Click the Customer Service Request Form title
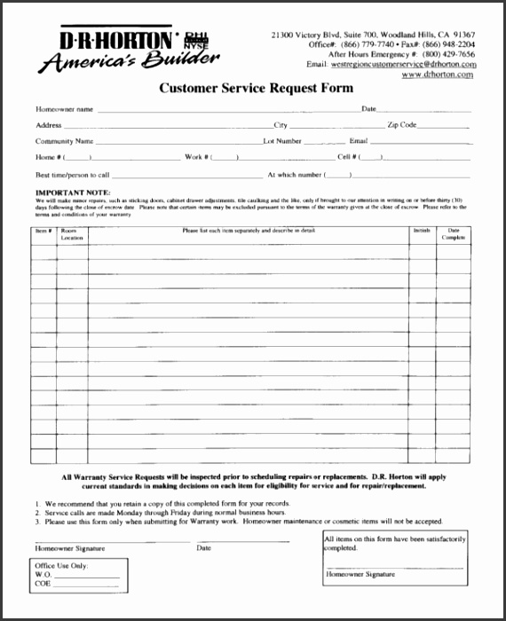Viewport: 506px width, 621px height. coord(256,88)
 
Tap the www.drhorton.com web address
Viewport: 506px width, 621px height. coord(437,75)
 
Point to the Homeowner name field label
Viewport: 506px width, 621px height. coord(64,109)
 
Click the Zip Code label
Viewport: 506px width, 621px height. coord(401,125)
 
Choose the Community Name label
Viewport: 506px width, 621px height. coord(65,141)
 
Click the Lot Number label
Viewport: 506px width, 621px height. coord(282,141)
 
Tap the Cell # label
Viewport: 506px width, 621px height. coord(346,157)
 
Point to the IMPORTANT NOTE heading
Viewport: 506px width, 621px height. coord(73,192)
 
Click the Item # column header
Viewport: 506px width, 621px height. coord(43,230)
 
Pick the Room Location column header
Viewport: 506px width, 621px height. coord(72,234)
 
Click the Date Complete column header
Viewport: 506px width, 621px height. coord(453,234)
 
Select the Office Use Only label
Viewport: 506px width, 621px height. coord(61,565)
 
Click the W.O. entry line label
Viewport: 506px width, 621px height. coord(43,575)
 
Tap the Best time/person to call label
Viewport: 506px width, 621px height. coord(73,175)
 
